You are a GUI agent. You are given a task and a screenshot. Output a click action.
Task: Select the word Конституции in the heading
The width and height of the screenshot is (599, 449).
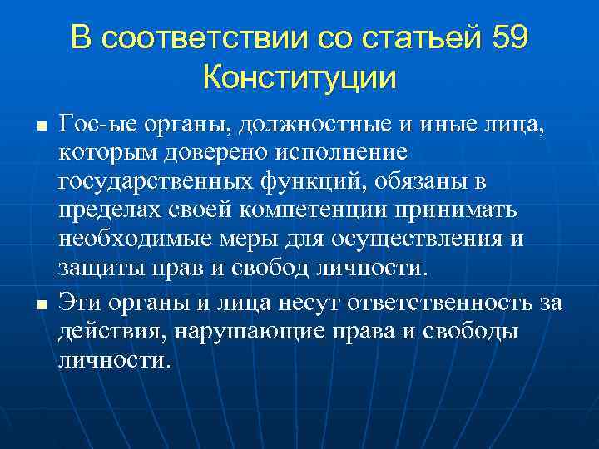click(x=299, y=79)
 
